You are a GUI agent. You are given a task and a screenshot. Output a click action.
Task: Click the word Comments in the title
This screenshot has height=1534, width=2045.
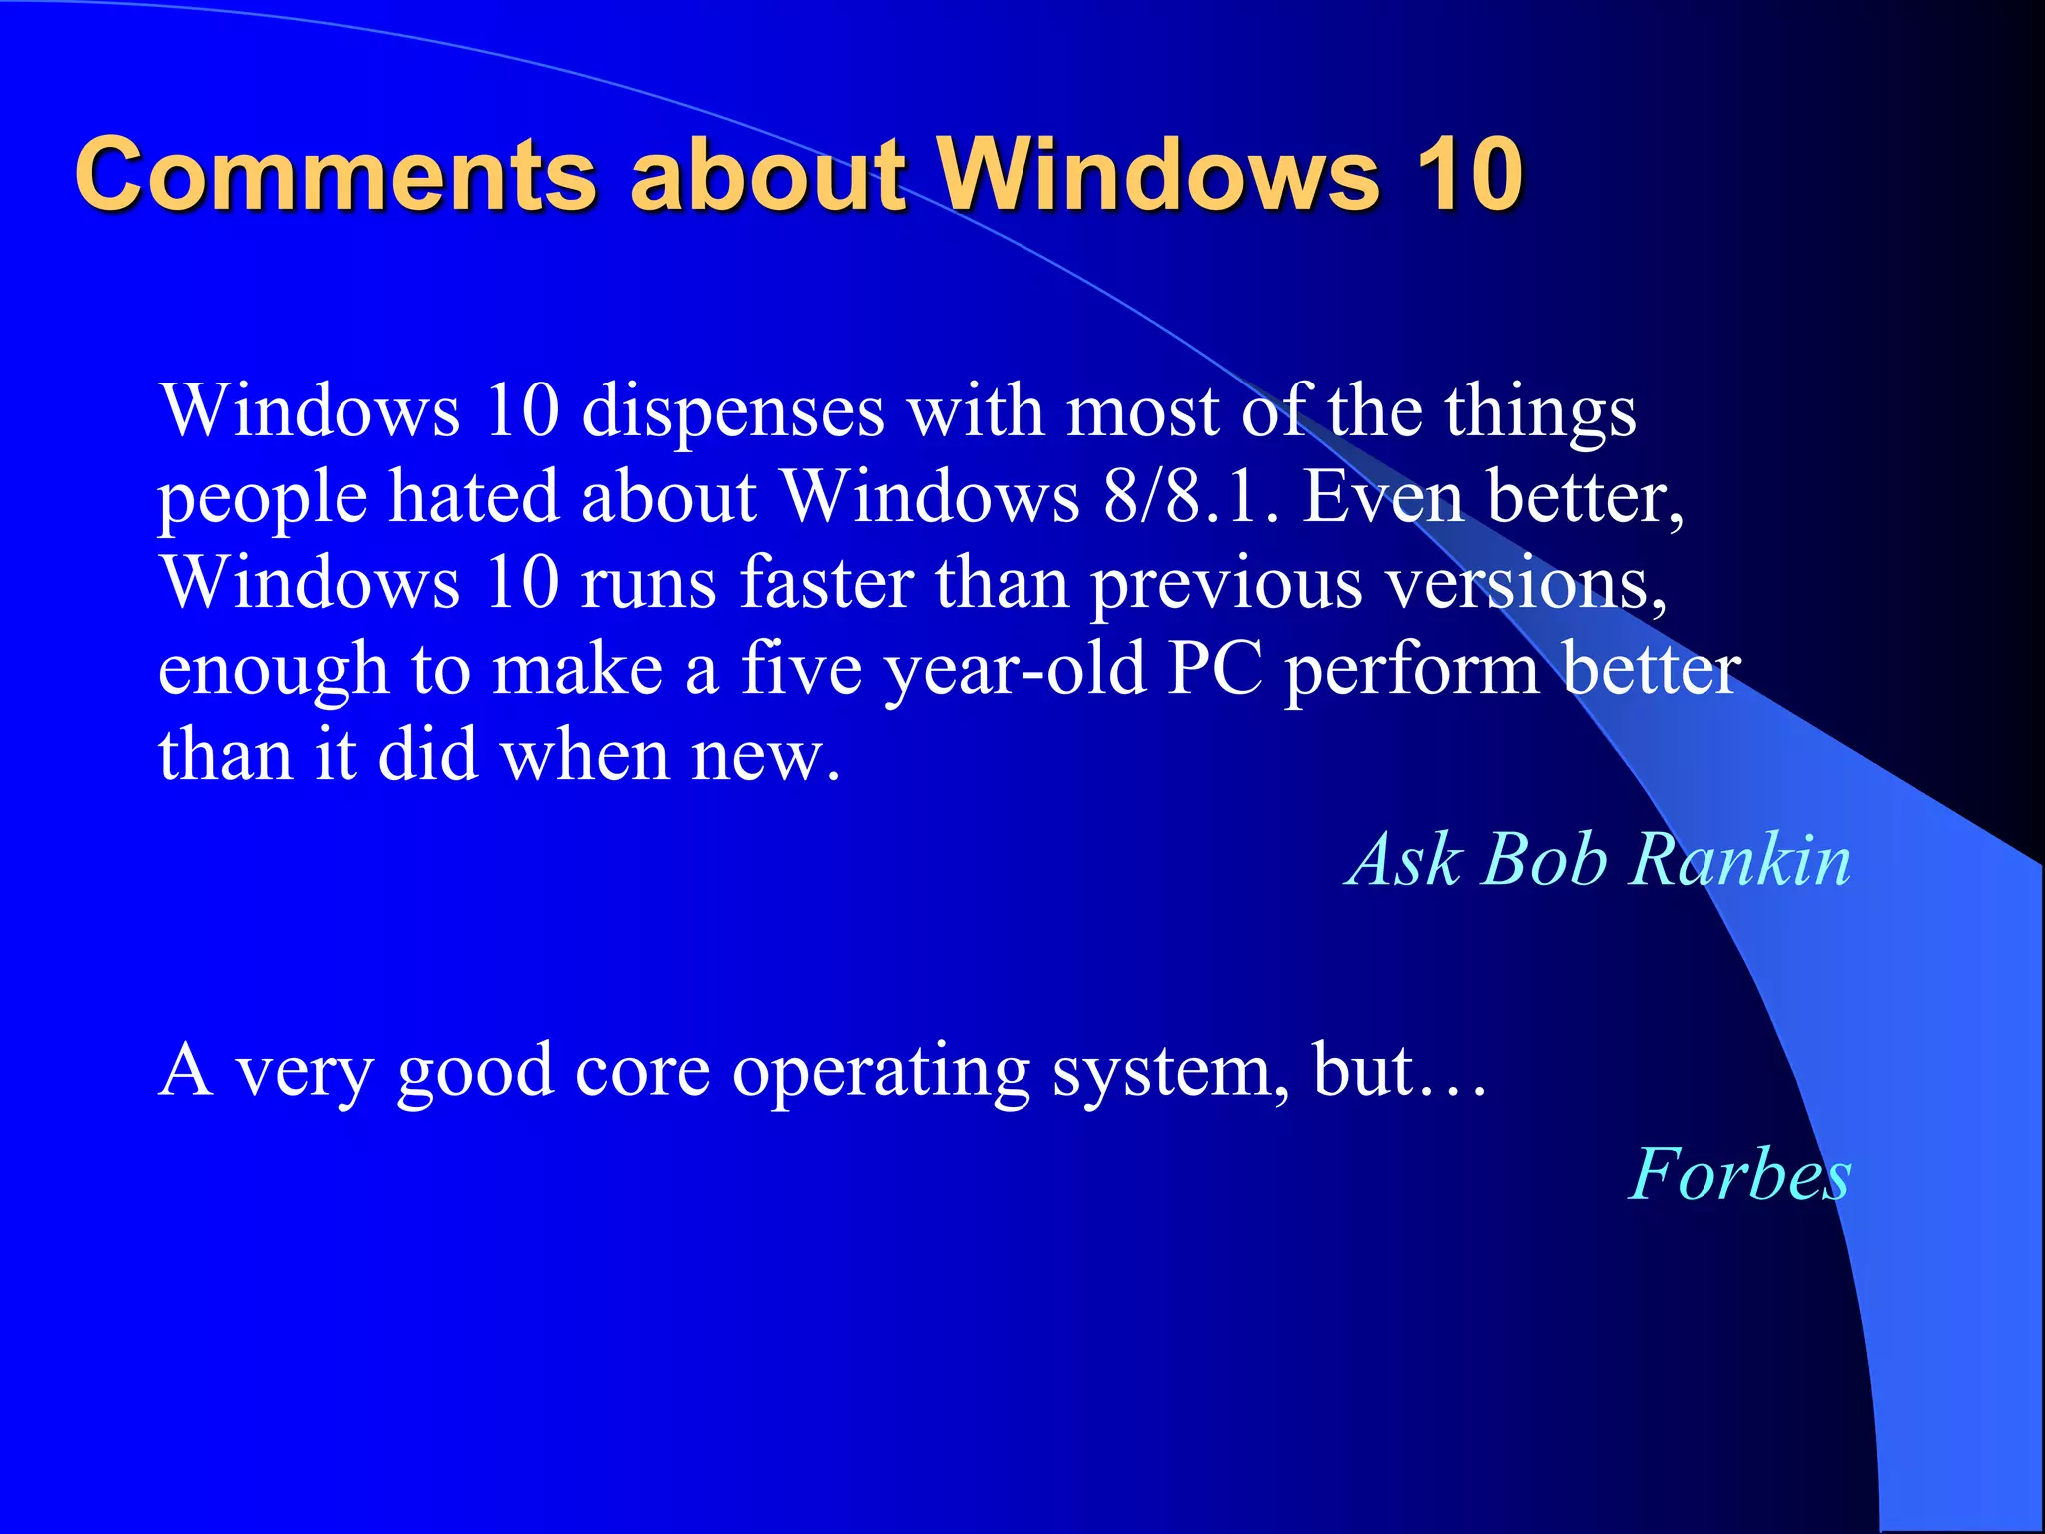tap(336, 174)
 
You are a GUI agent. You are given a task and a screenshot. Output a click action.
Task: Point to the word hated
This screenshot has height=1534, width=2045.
tap(473, 496)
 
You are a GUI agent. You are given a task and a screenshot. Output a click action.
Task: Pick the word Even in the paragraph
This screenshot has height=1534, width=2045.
tap(1383, 496)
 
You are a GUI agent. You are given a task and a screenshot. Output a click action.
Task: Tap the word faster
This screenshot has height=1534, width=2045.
tap(826, 582)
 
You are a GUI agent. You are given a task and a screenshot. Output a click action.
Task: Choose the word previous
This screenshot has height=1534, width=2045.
tap(1225, 584)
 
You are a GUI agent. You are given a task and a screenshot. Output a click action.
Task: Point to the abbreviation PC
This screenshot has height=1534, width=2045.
tap(1214, 668)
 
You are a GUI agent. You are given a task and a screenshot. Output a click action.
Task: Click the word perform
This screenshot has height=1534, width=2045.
tap(1411, 670)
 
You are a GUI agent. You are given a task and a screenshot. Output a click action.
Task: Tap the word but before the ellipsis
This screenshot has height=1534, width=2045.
tap(1363, 1071)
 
